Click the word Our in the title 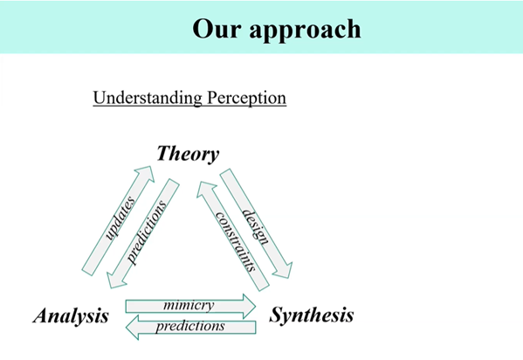[x=214, y=28]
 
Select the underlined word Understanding [x=148, y=98]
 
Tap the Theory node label [x=188, y=155]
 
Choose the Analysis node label [x=71, y=315]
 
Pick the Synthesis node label [x=312, y=315]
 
